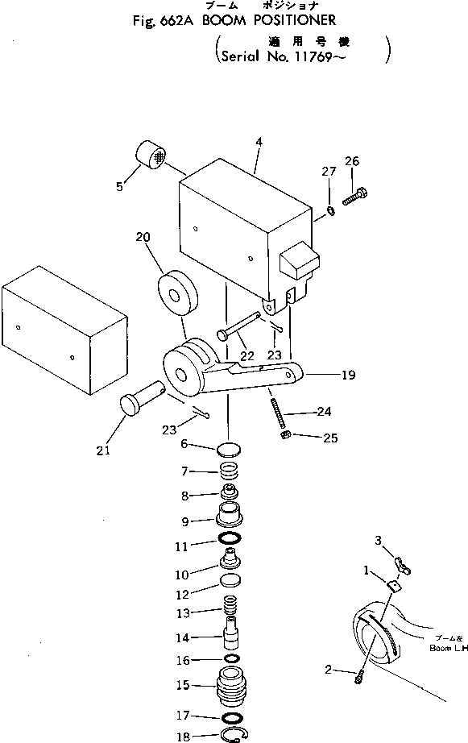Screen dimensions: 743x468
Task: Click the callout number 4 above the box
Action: (259, 143)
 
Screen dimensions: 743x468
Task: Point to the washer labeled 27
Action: (331, 211)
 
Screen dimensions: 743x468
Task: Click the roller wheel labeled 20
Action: (177, 297)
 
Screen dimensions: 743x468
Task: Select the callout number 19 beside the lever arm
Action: (348, 375)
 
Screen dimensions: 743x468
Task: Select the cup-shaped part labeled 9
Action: (230, 513)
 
